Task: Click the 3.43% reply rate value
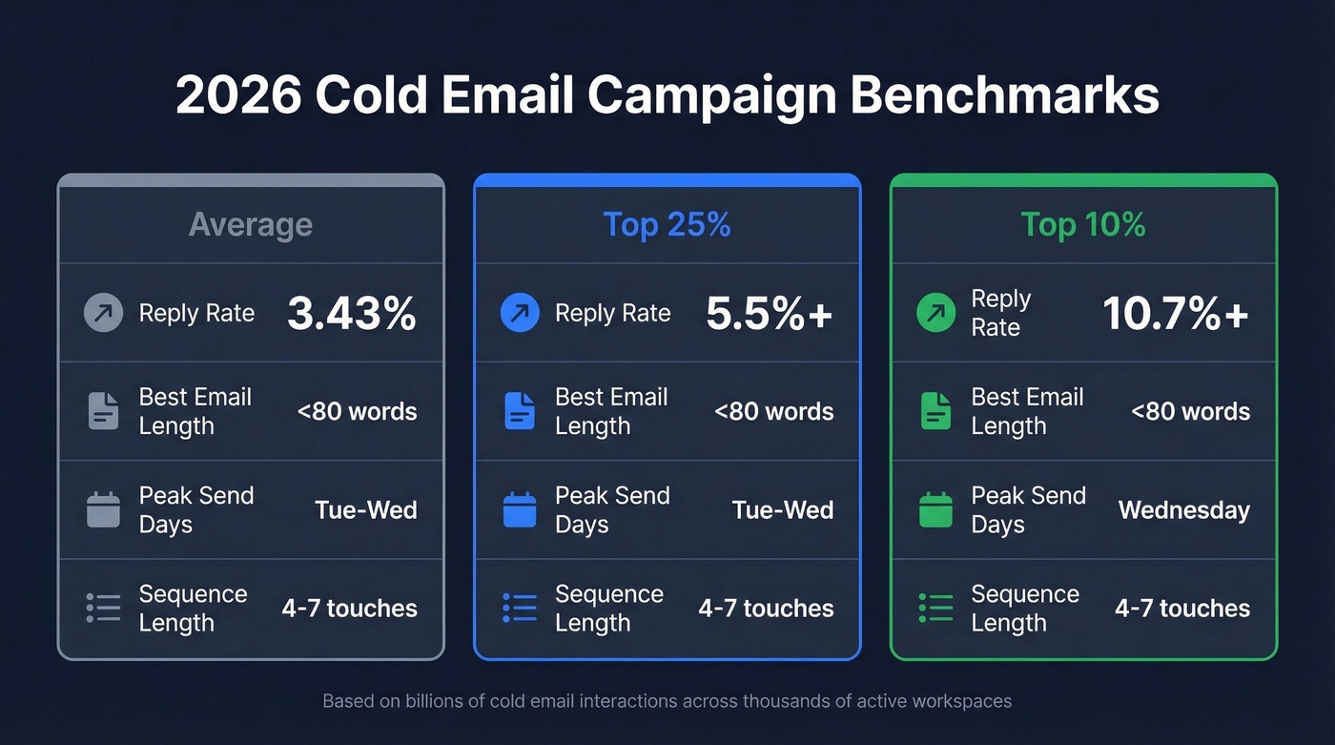click(x=351, y=314)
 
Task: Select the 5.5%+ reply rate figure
click(x=769, y=314)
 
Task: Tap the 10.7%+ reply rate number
click(x=1175, y=314)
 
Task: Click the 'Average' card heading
click(x=251, y=225)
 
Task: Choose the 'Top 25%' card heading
click(x=667, y=225)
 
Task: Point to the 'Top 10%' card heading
click(x=1083, y=225)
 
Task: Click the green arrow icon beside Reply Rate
click(x=935, y=313)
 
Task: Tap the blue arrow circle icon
click(x=520, y=313)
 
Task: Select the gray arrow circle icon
click(x=103, y=313)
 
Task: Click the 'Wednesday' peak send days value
click(x=1183, y=510)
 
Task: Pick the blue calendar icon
click(x=520, y=510)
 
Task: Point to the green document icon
click(x=935, y=411)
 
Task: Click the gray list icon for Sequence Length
click(x=103, y=608)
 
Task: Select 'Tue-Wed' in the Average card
click(x=366, y=510)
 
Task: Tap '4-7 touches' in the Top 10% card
click(x=1182, y=609)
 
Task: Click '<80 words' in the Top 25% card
click(x=773, y=412)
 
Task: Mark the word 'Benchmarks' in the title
click(x=1004, y=95)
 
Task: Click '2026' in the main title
click(x=238, y=95)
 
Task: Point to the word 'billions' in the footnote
click(x=446, y=701)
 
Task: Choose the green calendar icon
click(x=935, y=510)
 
